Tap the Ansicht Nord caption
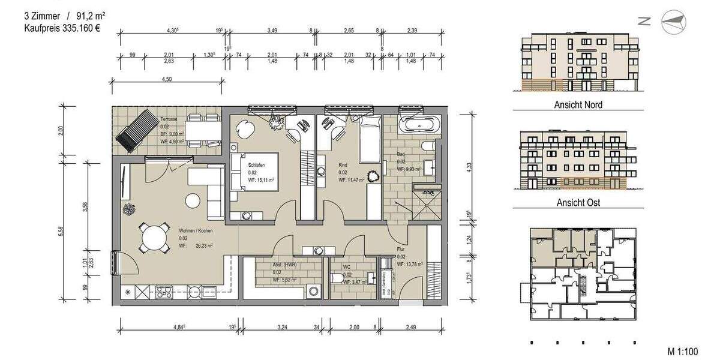(578, 104)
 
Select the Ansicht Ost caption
(578, 202)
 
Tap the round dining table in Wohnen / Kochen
(154, 238)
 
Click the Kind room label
(343, 164)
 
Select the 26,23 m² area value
(204, 245)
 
